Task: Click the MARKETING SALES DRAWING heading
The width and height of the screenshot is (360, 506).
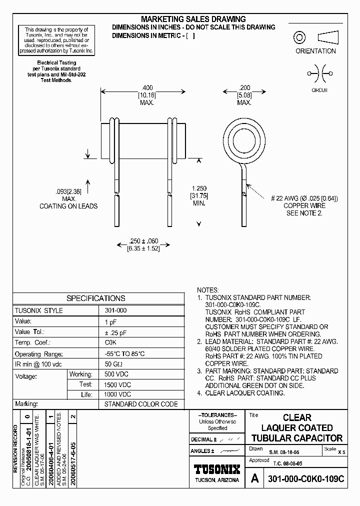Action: (x=193, y=18)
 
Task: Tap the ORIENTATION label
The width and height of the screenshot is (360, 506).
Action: (x=315, y=51)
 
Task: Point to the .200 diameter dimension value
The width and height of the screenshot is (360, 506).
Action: (x=244, y=87)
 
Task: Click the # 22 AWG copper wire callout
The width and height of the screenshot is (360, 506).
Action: (x=304, y=198)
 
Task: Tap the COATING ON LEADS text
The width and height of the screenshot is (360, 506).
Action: (x=69, y=206)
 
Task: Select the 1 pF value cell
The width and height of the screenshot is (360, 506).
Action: (x=110, y=321)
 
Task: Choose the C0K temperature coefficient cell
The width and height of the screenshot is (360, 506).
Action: (x=110, y=342)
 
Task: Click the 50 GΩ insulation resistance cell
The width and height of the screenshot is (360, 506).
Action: (x=112, y=363)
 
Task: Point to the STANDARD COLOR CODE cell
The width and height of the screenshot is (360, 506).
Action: (x=133, y=404)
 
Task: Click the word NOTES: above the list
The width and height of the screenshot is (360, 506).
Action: (x=208, y=290)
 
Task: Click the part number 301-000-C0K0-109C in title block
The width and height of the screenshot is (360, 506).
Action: (x=306, y=478)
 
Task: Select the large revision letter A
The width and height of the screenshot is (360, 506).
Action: (x=255, y=478)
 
